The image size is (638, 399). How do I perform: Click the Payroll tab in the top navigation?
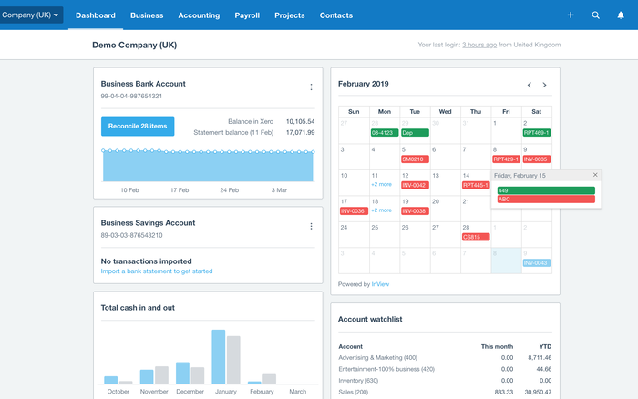pyautogui.click(x=247, y=15)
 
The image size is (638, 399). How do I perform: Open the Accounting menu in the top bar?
pyautogui.click(x=199, y=15)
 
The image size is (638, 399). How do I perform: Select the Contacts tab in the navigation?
pyautogui.click(x=336, y=15)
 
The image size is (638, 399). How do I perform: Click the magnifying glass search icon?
pyautogui.click(x=596, y=15)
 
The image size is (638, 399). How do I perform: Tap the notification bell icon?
pyautogui.click(x=622, y=15)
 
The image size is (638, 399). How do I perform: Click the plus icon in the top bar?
pyautogui.click(x=571, y=15)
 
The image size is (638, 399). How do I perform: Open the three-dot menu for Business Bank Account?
pyautogui.click(x=311, y=87)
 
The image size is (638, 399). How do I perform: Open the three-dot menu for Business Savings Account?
pyautogui.click(x=311, y=226)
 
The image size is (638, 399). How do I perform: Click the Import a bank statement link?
pyautogui.click(x=157, y=271)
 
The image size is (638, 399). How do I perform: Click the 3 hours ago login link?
pyautogui.click(x=479, y=45)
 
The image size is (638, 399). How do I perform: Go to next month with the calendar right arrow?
pyautogui.click(x=544, y=85)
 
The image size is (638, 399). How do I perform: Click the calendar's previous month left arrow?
pyautogui.click(x=529, y=85)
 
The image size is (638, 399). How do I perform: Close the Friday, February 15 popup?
pyautogui.click(x=595, y=175)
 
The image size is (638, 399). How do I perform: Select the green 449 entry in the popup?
pyautogui.click(x=545, y=189)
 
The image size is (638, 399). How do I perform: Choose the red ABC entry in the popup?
pyautogui.click(x=545, y=199)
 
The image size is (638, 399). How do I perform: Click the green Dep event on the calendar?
pyautogui.click(x=414, y=133)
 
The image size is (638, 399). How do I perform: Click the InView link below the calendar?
pyautogui.click(x=379, y=284)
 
